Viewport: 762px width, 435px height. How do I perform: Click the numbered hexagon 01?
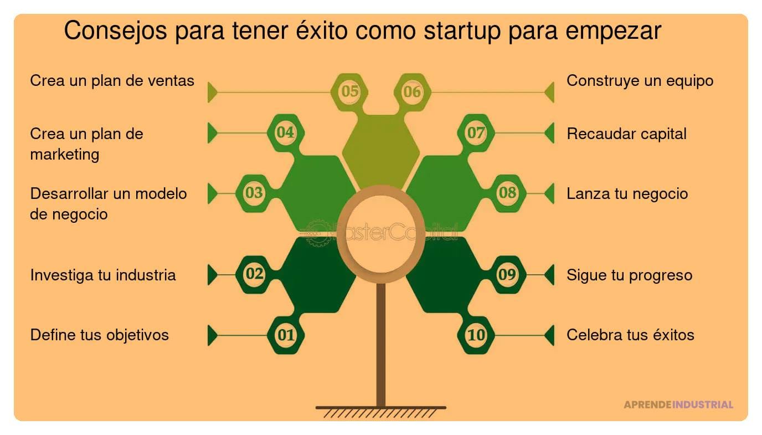coord(286,335)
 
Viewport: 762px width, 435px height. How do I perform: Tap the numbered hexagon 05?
coord(349,91)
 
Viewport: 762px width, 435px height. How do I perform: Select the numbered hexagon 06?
coord(413,91)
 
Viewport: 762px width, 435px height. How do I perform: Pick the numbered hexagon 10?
coord(476,335)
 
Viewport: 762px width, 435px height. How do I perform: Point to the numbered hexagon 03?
coord(254,193)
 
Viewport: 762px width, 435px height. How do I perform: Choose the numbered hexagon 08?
coord(508,193)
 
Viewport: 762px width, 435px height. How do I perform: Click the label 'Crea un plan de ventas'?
coord(112,81)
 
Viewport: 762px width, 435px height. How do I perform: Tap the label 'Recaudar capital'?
coord(626,134)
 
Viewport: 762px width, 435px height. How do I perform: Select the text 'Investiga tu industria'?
coord(103,275)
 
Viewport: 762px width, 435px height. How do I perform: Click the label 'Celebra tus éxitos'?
coord(630,335)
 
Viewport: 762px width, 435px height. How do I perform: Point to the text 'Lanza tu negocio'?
coord(627,193)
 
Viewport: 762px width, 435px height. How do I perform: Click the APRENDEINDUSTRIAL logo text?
coord(678,405)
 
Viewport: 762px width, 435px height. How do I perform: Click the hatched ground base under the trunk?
coord(381,412)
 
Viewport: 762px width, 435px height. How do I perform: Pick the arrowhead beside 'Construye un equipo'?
coord(549,92)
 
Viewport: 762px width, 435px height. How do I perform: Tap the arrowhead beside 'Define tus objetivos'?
coord(212,335)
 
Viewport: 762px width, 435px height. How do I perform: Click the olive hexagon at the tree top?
coord(381,150)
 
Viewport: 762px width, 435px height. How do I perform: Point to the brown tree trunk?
coord(381,344)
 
